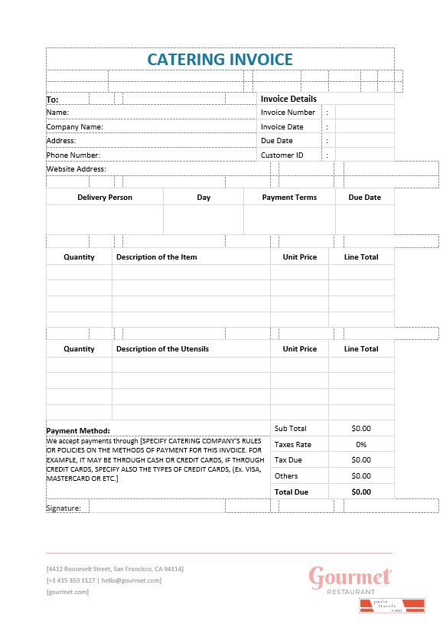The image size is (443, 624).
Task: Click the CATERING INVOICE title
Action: point(220,59)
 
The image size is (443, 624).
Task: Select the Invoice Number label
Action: point(288,113)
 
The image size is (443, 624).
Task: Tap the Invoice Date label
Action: point(282,127)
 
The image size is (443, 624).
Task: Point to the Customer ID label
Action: point(282,155)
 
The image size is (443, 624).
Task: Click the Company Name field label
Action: point(74,127)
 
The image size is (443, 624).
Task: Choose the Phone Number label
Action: point(73,155)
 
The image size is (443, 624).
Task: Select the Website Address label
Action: point(76,169)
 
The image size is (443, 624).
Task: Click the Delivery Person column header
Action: point(105,198)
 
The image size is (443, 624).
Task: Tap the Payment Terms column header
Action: point(289,198)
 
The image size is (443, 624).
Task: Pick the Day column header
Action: point(204,198)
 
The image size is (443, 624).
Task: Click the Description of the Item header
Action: point(156,257)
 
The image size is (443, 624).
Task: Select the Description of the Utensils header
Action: point(162,349)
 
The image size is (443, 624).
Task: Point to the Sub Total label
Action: point(290,429)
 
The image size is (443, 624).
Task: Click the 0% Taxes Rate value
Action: point(361,445)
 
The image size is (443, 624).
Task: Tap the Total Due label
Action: point(291,492)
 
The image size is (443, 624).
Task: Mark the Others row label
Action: point(285,476)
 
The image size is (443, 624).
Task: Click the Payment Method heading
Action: point(78,431)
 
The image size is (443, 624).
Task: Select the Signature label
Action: point(64,508)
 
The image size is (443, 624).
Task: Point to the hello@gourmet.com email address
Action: point(132,580)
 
